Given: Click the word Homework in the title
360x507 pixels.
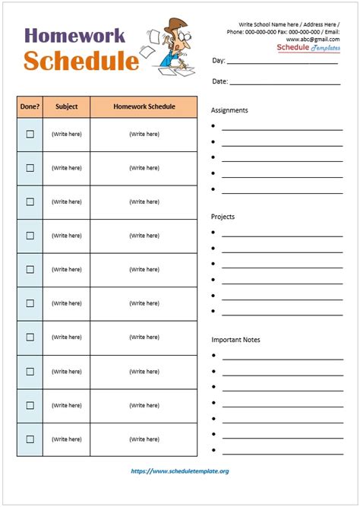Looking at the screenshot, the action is pyautogui.click(x=74, y=36).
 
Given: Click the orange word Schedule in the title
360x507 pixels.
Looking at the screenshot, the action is pyautogui.click(x=81, y=61).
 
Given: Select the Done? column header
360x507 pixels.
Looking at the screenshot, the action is pyautogui.click(x=30, y=107).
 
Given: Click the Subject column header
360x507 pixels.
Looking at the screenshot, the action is pyautogui.click(x=66, y=107).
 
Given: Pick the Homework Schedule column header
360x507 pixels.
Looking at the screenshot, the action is pyautogui.click(x=144, y=107).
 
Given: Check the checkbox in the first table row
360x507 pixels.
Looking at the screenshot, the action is pyautogui.click(x=30, y=135).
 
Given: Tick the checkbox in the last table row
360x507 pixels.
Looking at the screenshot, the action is pyautogui.click(x=30, y=439).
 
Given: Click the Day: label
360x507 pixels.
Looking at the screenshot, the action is pyautogui.click(x=218, y=61).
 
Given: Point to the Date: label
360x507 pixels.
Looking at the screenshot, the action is pyautogui.click(x=219, y=81).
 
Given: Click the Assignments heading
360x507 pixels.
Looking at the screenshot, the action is pyautogui.click(x=229, y=110).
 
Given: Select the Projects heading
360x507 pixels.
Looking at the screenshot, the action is pyautogui.click(x=223, y=217).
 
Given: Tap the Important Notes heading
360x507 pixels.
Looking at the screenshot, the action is pyautogui.click(x=235, y=340).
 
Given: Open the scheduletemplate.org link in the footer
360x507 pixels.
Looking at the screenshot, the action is pyautogui.click(x=180, y=471).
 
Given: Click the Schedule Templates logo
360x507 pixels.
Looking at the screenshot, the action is pyautogui.click(x=308, y=48).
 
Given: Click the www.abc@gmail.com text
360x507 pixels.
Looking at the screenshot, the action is pyautogui.click(x=313, y=40).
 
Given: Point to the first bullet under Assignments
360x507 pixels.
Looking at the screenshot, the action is pyautogui.click(x=213, y=126).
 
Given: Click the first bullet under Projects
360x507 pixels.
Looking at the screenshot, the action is pyautogui.click(x=213, y=233).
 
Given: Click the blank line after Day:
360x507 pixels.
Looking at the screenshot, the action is pyautogui.click(x=282, y=62).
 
